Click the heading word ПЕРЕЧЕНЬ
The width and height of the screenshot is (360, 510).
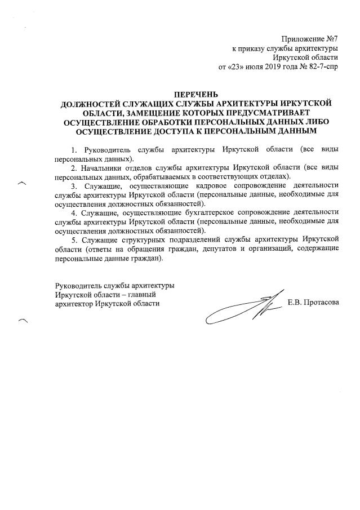[194, 94]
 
